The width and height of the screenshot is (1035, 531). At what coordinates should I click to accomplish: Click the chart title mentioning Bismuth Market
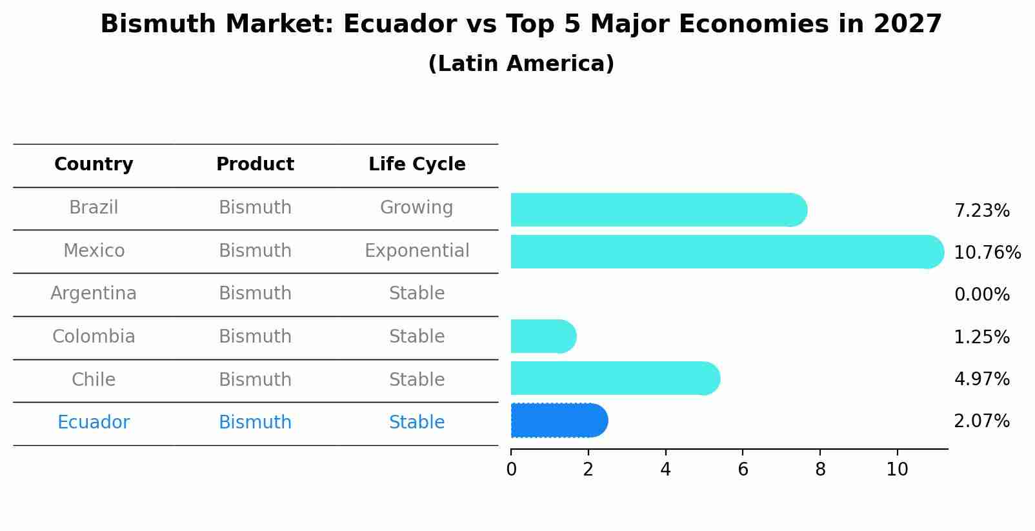[x=521, y=25]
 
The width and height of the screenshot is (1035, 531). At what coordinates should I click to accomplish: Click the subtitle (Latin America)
[x=521, y=64]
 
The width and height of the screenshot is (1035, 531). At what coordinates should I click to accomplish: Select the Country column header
[x=94, y=165]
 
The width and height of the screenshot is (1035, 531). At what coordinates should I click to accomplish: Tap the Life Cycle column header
[x=417, y=165]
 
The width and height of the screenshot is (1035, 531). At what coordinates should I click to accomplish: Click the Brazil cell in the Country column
[x=94, y=208]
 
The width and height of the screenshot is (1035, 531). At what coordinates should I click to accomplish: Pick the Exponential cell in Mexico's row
[x=417, y=251]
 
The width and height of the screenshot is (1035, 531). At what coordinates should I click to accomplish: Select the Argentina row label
[x=94, y=294]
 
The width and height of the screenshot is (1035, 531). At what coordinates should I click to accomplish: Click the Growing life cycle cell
[x=417, y=208]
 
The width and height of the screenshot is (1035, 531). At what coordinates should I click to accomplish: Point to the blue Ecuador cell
[x=94, y=423]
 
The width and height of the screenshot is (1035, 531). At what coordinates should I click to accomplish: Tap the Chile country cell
[x=94, y=380]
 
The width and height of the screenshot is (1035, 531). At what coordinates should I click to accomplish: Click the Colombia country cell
[x=94, y=337]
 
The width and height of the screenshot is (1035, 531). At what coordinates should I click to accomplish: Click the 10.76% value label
[x=987, y=253]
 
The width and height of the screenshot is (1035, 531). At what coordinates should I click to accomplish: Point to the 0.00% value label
[x=981, y=295]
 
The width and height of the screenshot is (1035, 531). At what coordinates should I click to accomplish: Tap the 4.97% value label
[x=981, y=379]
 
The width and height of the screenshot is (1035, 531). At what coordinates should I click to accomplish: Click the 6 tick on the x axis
[x=743, y=470]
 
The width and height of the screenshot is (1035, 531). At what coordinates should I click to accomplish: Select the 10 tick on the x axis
[x=897, y=470]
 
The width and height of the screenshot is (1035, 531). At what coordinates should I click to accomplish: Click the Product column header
[x=255, y=165]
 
